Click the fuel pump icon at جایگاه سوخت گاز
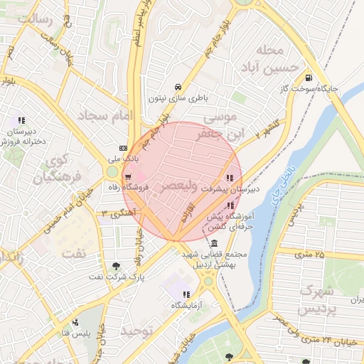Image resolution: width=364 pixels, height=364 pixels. coord(308,78)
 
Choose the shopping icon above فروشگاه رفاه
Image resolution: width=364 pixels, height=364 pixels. coord(128,177)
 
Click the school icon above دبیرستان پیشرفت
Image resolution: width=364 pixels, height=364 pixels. coord(229,178)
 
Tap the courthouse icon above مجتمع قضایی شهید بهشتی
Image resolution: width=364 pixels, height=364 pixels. coord(214,244)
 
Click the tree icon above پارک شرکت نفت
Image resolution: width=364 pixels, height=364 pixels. coord(116,265)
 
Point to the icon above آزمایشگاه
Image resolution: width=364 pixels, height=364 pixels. coord(186,294)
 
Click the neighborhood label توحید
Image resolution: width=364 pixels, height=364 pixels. coord(136,331)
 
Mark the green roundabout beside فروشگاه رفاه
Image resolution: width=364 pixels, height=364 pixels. coord(112,171)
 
